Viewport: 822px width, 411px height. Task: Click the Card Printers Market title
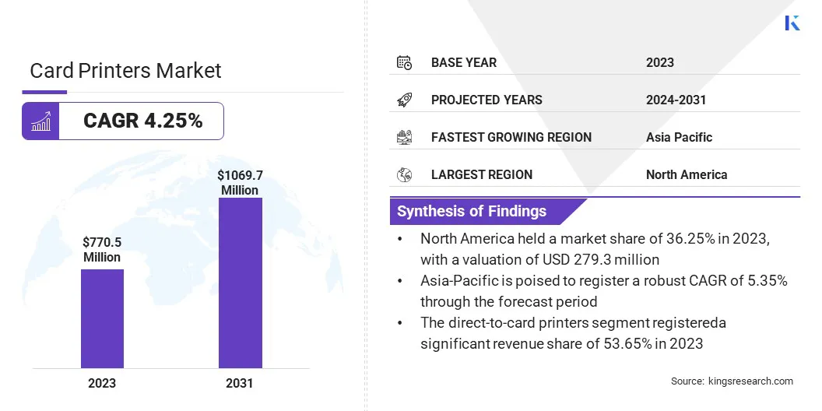click(125, 71)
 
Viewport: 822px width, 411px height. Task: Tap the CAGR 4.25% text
click(142, 121)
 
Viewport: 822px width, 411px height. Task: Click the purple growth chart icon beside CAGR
click(40, 121)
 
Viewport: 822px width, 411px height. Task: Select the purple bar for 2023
click(102, 318)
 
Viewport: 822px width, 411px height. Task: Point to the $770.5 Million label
click(102, 250)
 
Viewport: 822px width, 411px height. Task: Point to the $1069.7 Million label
click(240, 183)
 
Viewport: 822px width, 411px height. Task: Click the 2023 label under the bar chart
click(102, 383)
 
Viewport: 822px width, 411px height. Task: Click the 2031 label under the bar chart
click(240, 383)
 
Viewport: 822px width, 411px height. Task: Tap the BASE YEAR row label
click(463, 62)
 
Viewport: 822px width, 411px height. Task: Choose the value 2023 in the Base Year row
click(660, 62)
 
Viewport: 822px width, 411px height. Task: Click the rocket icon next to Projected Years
click(404, 100)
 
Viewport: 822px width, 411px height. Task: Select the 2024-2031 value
click(676, 100)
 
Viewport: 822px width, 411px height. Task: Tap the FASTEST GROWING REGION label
click(511, 137)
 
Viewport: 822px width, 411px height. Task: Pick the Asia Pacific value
click(679, 137)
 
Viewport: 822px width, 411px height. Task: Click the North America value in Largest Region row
click(686, 174)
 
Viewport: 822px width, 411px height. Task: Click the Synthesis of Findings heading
click(472, 211)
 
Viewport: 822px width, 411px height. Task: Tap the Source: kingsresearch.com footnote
click(732, 381)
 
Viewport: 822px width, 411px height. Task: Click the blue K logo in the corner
click(792, 23)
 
